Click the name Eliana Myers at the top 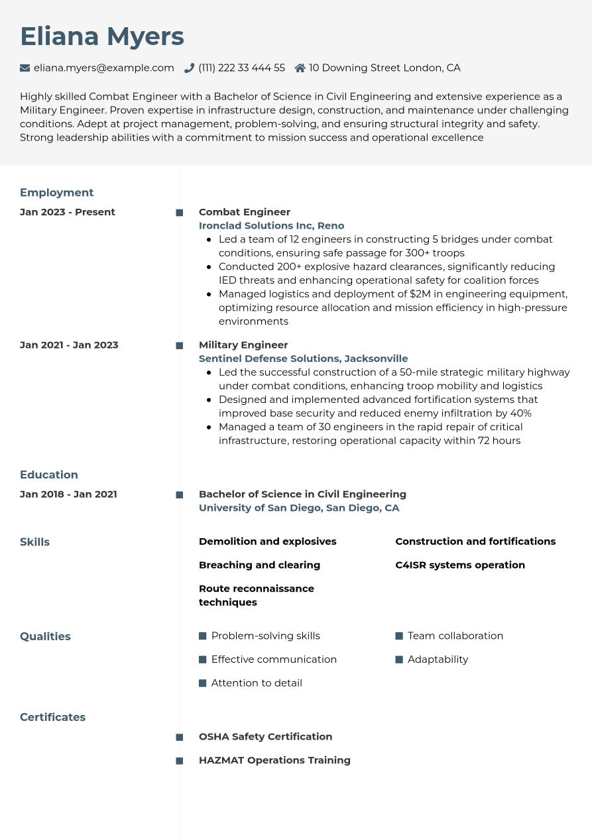[x=102, y=36]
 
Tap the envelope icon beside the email [x=25, y=68]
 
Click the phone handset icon [x=189, y=68]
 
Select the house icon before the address [x=300, y=68]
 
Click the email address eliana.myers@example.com [x=104, y=68]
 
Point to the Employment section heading [x=56, y=193]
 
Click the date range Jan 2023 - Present [x=68, y=212]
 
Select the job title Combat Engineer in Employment [x=245, y=212]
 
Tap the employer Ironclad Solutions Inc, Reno [x=271, y=225]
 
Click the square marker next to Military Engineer [x=179, y=345]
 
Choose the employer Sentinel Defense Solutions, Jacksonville [x=303, y=359]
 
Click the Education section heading [x=49, y=475]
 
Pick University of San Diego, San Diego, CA [x=299, y=508]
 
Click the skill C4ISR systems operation [x=460, y=565]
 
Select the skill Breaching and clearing [x=259, y=565]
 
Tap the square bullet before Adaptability [x=399, y=659]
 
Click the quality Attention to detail [x=257, y=683]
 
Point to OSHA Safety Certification [x=265, y=737]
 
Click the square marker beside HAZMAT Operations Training [x=179, y=761]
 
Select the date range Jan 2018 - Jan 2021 [x=68, y=494]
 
